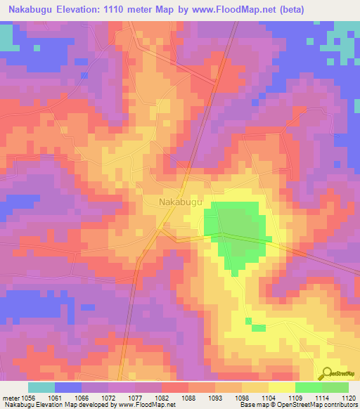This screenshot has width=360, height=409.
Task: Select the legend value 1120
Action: [349, 397]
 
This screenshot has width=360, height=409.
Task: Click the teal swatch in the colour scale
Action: [41, 387]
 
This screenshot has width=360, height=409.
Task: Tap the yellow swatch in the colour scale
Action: [282, 387]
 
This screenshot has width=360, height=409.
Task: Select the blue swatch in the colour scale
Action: [68, 387]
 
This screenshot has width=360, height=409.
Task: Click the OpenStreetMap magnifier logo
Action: [328, 373]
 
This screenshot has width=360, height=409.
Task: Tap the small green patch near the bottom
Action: [257, 327]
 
